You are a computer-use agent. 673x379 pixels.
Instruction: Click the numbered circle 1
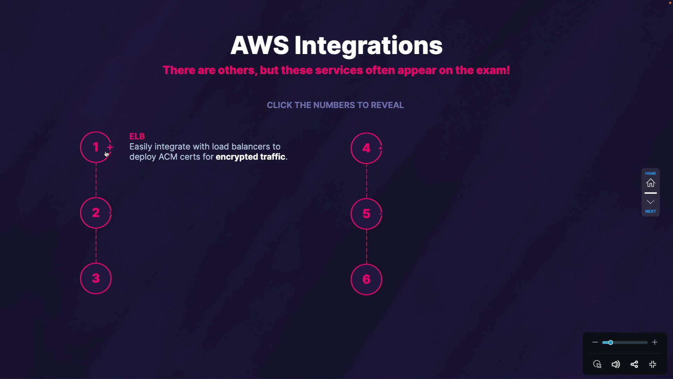tap(96, 147)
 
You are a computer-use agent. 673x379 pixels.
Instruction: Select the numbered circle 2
tap(96, 213)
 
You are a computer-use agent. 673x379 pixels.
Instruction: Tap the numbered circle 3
tap(96, 279)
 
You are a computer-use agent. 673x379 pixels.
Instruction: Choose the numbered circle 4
tap(366, 148)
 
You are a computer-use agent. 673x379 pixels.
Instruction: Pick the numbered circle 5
tap(366, 214)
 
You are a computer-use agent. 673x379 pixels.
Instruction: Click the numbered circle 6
tap(366, 279)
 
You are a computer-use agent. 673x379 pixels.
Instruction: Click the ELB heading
tap(137, 136)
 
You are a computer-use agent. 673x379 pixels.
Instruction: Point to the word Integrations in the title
tap(368, 46)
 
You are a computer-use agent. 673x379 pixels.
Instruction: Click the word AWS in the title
tap(259, 46)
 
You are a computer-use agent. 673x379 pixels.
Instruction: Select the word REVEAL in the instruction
tap(387, 105)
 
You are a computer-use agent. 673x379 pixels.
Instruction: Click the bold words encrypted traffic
tap(250, 157)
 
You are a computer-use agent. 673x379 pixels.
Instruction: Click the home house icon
tap(651, 183)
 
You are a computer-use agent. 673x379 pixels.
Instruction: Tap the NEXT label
tap(651, 211)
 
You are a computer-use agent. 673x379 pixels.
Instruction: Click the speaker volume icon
tap(616, 364)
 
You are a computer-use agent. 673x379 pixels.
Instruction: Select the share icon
tap(634, 364)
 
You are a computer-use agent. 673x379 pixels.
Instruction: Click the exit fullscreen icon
tap(653, 364)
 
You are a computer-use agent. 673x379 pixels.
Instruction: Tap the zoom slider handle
tap(610, 343)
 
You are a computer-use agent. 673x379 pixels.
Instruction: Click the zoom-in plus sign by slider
tap(655, 342)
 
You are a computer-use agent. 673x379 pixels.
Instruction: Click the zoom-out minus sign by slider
tap(595, 342)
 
